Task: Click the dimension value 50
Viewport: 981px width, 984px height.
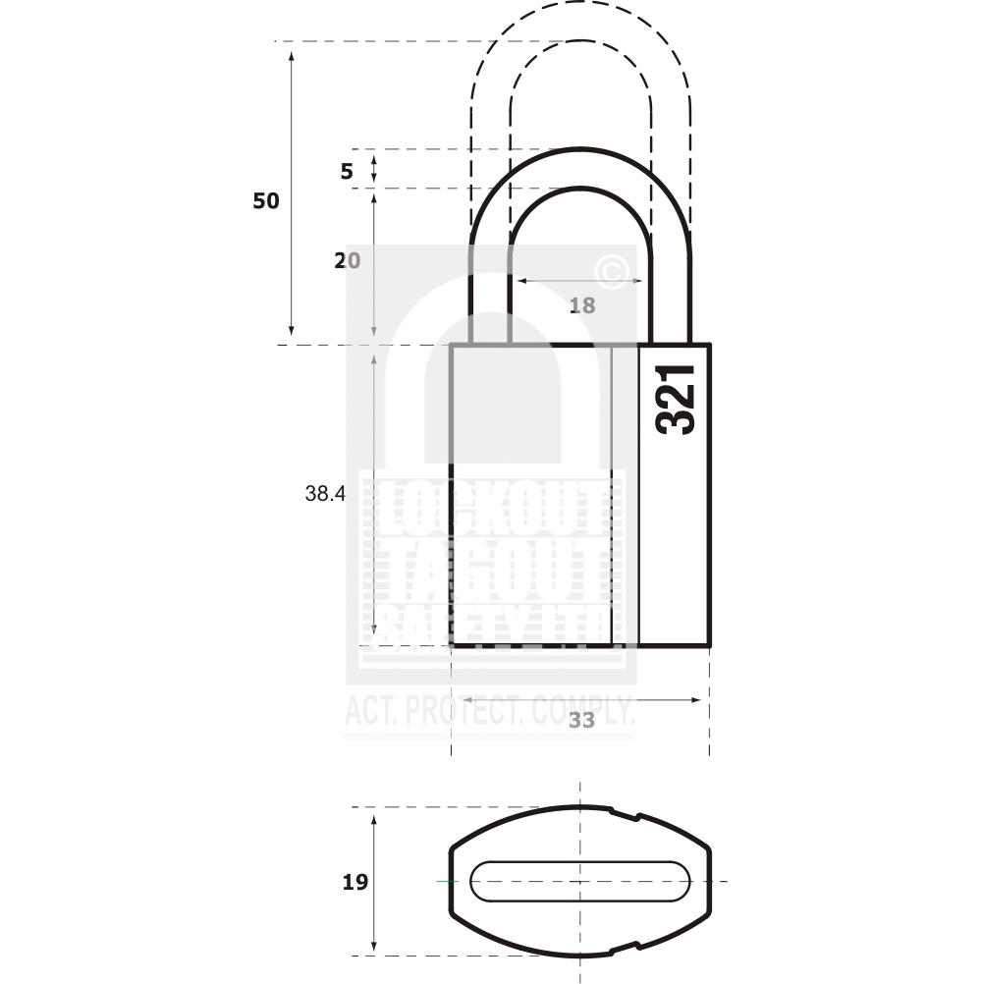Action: point(266,201)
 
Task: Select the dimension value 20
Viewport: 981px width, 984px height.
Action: point(347,260)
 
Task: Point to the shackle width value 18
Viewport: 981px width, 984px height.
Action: point(582,305)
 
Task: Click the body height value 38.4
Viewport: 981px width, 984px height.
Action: point(325,495)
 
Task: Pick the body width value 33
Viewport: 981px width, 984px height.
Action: point(582,720)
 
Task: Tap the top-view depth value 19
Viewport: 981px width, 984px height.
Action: point(355,883)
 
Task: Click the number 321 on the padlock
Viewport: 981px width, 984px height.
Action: point(676,400)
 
